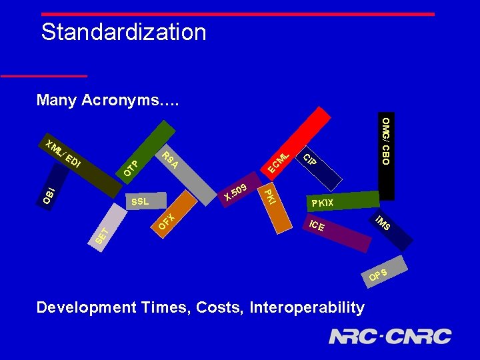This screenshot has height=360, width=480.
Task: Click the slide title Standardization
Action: [123, 32]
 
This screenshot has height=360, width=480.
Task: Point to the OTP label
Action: [132, 169]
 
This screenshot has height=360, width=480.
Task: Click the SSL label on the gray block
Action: [140, 201]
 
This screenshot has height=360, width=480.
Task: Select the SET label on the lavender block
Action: [101, 235]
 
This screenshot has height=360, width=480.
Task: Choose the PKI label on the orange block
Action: [267, 196]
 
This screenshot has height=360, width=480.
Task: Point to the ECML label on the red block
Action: [279, 163]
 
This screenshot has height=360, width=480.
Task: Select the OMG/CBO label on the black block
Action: [385, 141]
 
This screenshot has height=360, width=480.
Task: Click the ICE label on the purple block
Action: [317, 225]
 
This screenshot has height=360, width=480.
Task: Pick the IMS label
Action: [383, 224]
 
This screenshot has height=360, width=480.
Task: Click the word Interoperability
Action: [307, 307]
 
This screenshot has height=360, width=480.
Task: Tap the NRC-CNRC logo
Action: [390, 336]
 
